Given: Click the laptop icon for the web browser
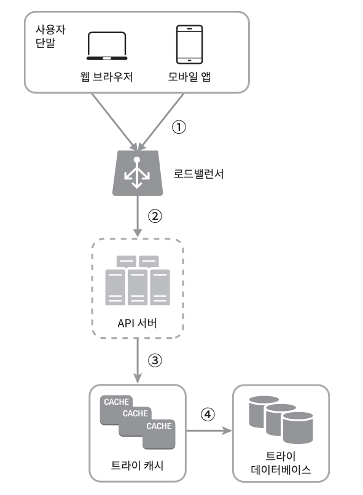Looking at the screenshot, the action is [107, 46].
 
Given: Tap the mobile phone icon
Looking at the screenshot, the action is [189, 44].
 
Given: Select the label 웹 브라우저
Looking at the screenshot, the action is [106, 77].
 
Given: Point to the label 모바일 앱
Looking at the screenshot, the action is [189, 76].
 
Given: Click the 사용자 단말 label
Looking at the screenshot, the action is [50, 36].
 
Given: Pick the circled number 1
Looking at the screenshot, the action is [179, 127].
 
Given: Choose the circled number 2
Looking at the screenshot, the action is [155, 216].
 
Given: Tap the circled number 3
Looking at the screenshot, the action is [155, 361].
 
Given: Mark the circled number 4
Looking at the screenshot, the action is [208, 414].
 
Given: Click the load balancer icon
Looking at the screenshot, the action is [138, 173].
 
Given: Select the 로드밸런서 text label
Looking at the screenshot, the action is [198, 174].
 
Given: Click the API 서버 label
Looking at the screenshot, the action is [137, 323].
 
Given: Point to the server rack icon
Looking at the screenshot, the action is [138, 280].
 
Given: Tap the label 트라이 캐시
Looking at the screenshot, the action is [137, 466].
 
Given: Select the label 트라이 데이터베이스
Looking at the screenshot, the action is [281, 463].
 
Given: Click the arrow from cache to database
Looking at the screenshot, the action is [209, 431].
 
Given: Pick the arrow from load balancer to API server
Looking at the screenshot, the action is [138, 216].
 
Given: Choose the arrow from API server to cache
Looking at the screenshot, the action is [138, 361].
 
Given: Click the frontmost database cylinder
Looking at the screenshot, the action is [298, 428].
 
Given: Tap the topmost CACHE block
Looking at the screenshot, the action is [116, 402].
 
